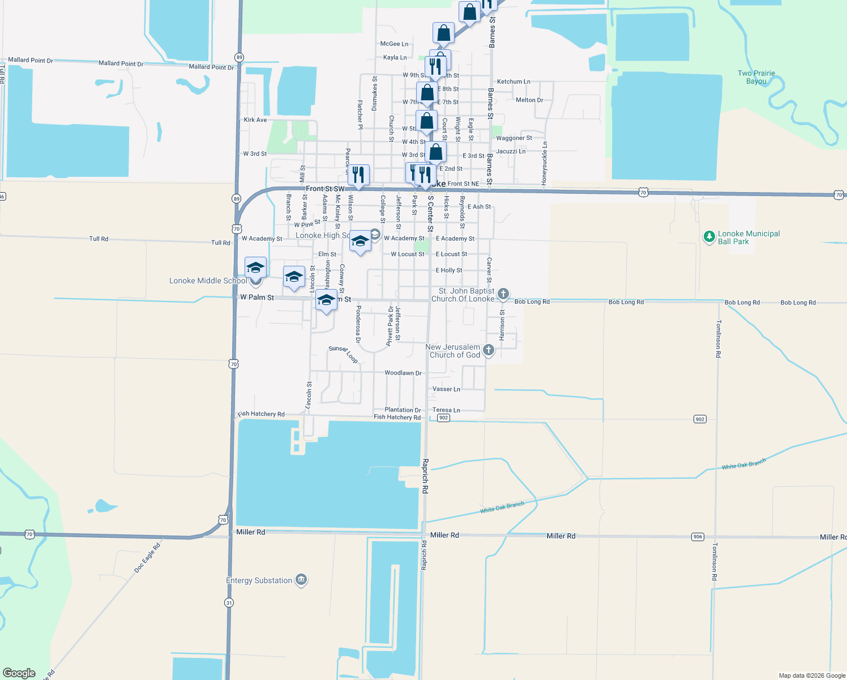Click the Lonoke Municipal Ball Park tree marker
pyautogui.click(x=709, y=237)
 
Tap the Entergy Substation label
pyautogui.click(x=259, y=580)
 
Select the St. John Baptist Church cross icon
pyautogui.click(x=503, y=294)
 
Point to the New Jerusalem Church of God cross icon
pyautogui.click(x=489, y=350)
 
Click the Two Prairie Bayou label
pyautogui.click(x=756, y=77)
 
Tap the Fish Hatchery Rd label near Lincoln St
pyautogui.click(x=261, y=414)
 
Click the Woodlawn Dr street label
pyautogui.click(x=403, y=373)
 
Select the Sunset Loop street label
pyautogui.click(x=344, y=354)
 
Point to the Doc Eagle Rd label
pyautogui.click(x=147, y=558)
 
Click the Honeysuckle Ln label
pyautogui.click(x=545, y=163)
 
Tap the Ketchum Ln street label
pyautogui.click(x=514, y=82)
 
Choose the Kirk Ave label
pyautogui.click(x=255, y=120)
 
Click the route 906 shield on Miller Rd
pyautogui.click(x=698, y=537)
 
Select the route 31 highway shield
pyautogui.click(x=229, y=602)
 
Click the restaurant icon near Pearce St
pyautogui.click(x=358, y=175)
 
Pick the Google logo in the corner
pyautogui.click(x=19, y=673)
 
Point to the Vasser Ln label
pyautogui.click(x=446, y=389)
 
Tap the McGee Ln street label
pyautogui.click(x=394, y=44)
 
